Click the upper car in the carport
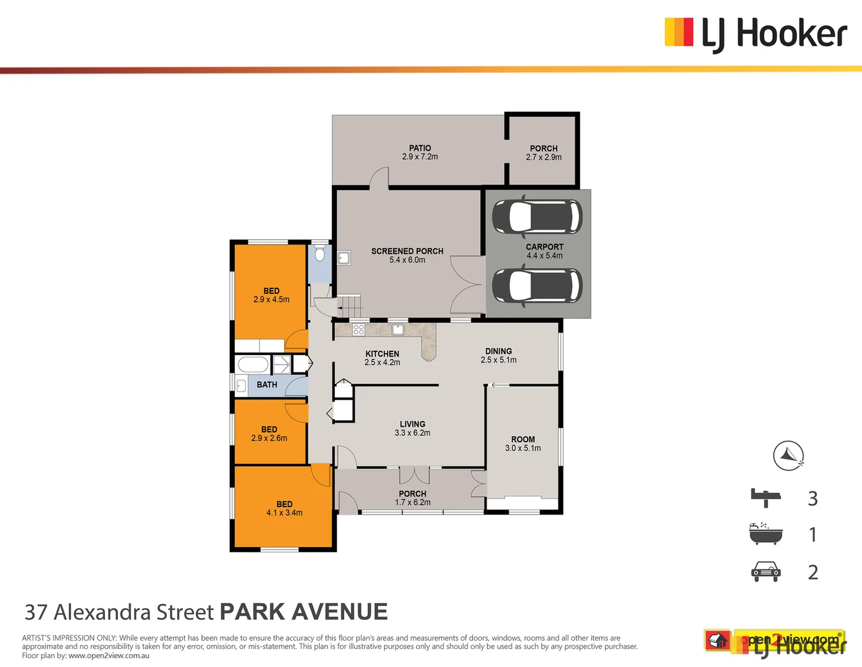click(x=537, y=217)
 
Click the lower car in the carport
click(x=537, y=286)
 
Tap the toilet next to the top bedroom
click(x=319, y=254)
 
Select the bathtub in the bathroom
click(x=253, y=364)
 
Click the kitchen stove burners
click(x=358, y=330)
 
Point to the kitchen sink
click(x=398, y=330)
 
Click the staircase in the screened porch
click(x=350, y=306)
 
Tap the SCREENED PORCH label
click(x=407, y=251)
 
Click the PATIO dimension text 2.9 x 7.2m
click(x=420, y=157)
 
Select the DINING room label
click(x=498, y=351)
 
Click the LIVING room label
click(x=412, y=424)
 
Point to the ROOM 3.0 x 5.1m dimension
click(x=523, y=448)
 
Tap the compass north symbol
click(x=788, y=456)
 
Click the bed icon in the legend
click(x=766, y=497)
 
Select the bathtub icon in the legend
click(x=766, y=534)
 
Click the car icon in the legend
click(x=766, y=571)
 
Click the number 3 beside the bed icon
click(x=813, y=498)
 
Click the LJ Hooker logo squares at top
click(x=678, y=32)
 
